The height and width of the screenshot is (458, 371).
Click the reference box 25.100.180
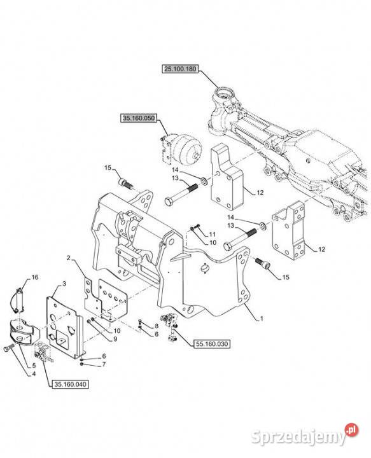pos(179,69)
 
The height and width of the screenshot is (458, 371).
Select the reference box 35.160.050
pos(139,118)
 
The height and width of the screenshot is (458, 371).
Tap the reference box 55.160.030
pos(211,344)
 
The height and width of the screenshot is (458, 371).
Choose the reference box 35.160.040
pos(70,384)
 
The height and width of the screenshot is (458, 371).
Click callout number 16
pos(35,277)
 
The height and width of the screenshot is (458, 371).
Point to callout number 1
pos(262,319)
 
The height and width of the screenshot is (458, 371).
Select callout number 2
pos(69,258)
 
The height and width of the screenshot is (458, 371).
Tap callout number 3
pos(64,284)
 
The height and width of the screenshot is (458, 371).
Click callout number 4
pos(34,373)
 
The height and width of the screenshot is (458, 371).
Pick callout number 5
pos(34,365)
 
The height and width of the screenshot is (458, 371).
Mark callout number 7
pos(104,364)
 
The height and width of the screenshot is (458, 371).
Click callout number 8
pos(157,326)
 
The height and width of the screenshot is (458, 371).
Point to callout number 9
pos(115,339)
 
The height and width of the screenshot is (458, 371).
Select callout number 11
pos(213,234)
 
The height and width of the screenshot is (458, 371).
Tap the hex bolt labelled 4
pos(9,348)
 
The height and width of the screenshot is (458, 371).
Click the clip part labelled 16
pos(19,300)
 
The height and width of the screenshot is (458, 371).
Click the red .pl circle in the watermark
pos(351,429)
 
